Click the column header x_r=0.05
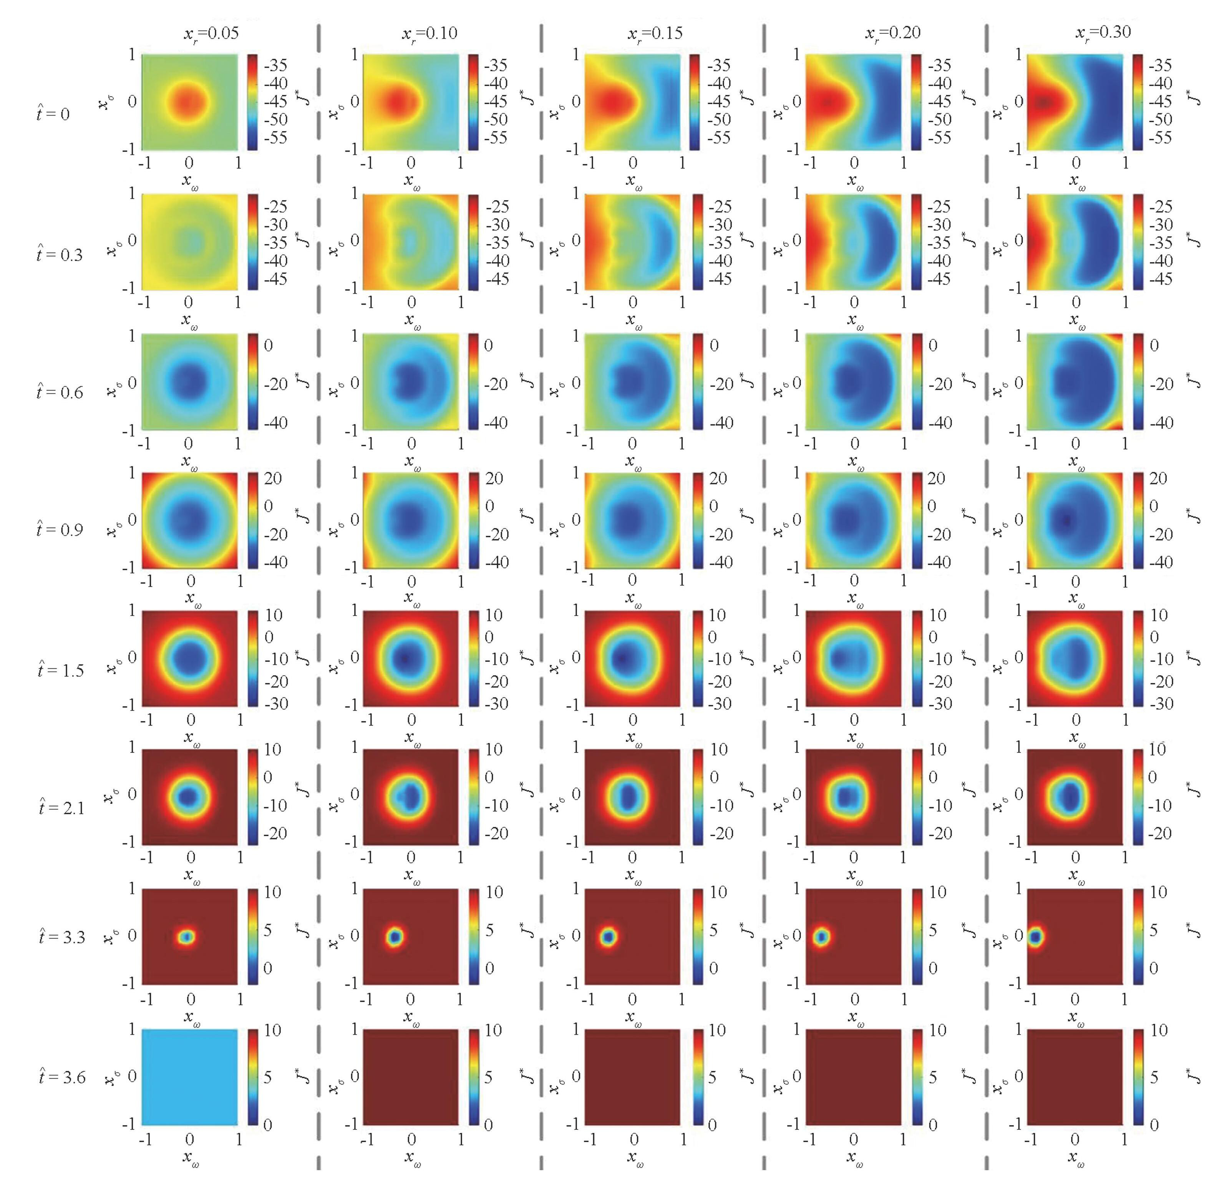click(211, 33)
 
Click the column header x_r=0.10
click(430, 33)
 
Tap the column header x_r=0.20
click(892, 33)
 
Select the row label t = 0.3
click(60, 255)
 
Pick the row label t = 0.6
click(60, 392)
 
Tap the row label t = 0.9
click(60, 530)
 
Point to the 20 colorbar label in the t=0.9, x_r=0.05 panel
click(273, 478)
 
